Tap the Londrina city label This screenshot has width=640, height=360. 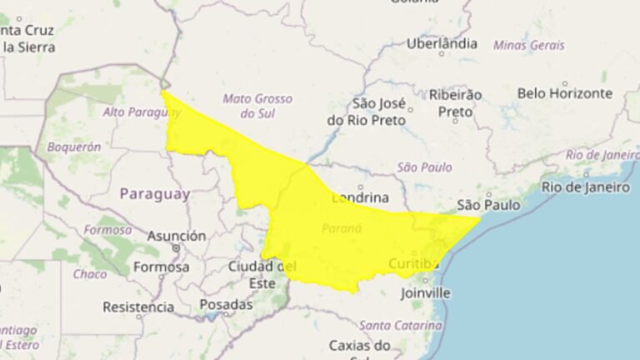click(360, 198)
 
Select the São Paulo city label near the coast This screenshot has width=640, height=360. click(488, 205)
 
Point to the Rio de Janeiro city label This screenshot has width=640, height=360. click(585, 187)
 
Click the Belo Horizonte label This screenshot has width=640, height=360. click(564, 94)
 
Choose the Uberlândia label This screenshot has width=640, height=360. click(442, 43)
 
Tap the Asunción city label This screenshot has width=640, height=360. click(176, 236)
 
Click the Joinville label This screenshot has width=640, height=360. click(425, 292)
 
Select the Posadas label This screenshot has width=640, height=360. click(226, 305)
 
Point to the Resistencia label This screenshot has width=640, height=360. click(138, 307)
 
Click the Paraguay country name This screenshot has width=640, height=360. click(154, 194)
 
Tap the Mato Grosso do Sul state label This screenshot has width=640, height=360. click(257, 105)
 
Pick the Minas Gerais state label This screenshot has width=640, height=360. click(528, 45)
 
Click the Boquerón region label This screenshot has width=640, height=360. click(74, 147)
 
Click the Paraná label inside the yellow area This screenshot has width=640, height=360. click(342, 228)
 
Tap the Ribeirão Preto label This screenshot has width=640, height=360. click(455, 102)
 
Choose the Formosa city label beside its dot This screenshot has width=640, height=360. click(161, 267)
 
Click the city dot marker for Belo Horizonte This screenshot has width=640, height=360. click(564, 83)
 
